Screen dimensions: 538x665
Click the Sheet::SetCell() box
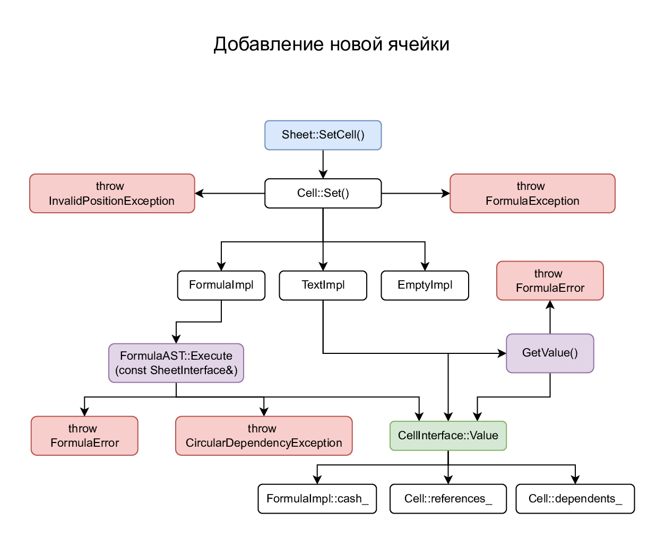coord(323,135)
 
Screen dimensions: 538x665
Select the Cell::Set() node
coord(323,194)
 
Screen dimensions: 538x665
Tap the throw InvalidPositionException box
coord(112,194)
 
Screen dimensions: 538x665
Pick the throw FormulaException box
coord(532,194)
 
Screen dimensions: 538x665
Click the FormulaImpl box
coord(221,285)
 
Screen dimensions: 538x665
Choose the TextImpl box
coord(323,285)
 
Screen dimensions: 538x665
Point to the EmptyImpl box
coord(425,285)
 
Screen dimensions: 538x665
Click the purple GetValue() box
coord(550,353)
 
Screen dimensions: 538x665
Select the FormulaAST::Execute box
coord(176,363)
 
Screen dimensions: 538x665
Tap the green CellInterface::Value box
coord(448,436)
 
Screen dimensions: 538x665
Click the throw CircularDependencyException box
coord(264,436)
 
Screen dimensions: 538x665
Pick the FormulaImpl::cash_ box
coord(317,499)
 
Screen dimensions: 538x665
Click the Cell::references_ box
coord(448,499)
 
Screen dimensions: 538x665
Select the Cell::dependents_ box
coord(575,499)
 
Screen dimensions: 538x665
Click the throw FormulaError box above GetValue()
coord(550,281)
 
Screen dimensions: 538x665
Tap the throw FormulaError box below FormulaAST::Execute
coord(84,436)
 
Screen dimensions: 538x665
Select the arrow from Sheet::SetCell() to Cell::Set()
coord(323,164)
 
